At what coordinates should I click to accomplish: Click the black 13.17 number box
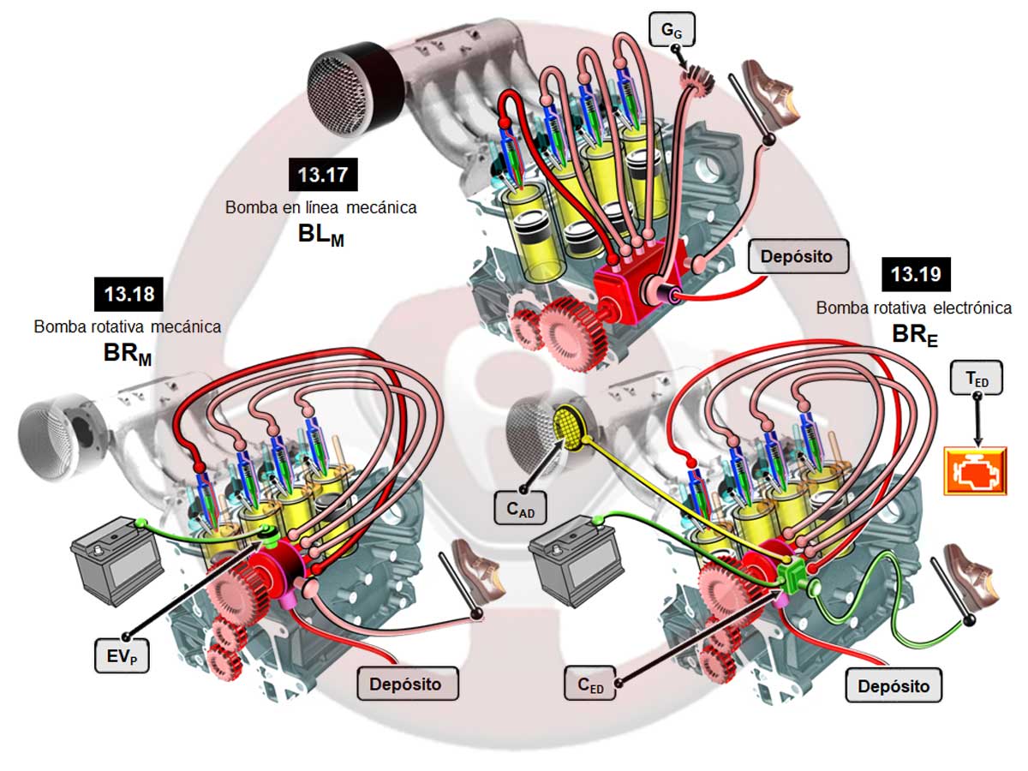click(x=322, y=176)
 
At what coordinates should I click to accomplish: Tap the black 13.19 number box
click(x=916, y=275)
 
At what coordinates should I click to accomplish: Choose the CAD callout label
click(x=520, y=509)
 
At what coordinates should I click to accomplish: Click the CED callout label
click(x=590, y=684)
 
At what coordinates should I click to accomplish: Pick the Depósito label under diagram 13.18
click(x=406, y=684)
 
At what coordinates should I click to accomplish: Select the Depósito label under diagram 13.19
click(x=894, y=686)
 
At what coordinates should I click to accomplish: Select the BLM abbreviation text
click(x=320, y=234)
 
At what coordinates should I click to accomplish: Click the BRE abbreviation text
click(x=915, y=334)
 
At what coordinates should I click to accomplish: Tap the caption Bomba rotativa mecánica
click(x=128, y=326)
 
